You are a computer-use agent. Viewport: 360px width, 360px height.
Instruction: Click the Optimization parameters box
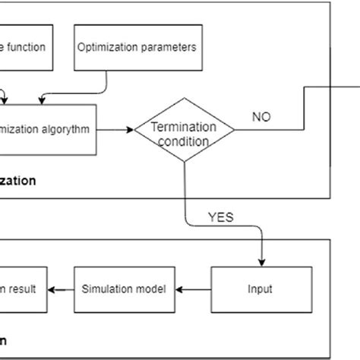(x=137, y=47)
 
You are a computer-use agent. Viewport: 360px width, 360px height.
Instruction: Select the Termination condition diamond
(x=185, y=129)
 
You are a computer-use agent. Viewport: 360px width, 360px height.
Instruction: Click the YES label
(x=220, y=217)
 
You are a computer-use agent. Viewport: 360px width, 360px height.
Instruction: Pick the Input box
(x=261, y=289)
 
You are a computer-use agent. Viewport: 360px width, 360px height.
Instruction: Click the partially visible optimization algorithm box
(x=48, y=129)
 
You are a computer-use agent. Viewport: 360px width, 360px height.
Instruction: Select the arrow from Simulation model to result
(x=61, y=289)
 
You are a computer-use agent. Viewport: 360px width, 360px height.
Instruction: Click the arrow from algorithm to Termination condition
(x=115, y=129)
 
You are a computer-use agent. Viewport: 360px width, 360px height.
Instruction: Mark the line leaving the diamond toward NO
(x=266, y=129)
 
